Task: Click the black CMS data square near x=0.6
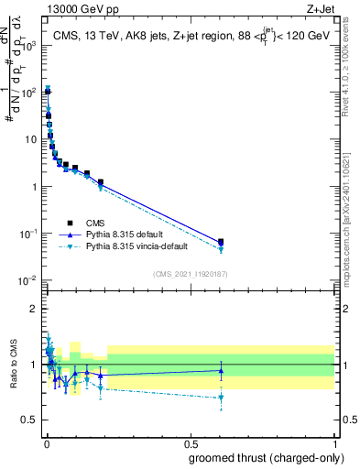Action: (220, 242)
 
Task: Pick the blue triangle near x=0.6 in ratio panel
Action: (220, 371)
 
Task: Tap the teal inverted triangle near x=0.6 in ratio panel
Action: (220, 398)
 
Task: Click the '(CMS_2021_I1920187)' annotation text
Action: (190, 273)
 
